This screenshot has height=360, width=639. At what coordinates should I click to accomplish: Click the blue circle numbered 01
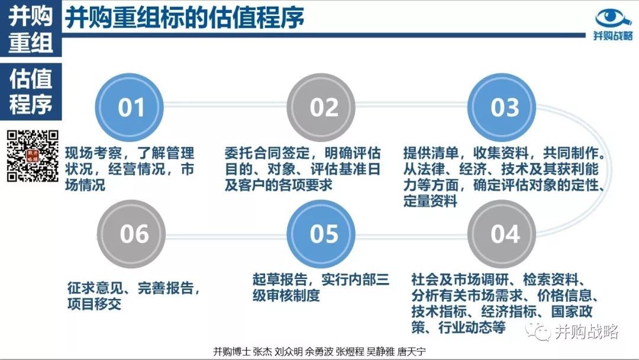(129, 107)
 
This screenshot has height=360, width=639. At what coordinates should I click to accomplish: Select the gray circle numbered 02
(321, 107)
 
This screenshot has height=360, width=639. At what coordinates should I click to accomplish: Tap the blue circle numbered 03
(502, 107)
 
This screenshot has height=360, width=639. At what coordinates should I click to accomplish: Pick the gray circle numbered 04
(502, 234)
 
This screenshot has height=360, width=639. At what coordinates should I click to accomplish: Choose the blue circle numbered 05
(321, 234)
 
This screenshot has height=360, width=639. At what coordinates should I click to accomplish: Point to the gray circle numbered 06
(131, 234)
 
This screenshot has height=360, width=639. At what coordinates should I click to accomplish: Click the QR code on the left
(33, 156)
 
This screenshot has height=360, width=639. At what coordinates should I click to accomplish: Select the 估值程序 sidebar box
(31, 91)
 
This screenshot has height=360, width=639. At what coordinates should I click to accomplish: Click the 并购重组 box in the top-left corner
(31, 28)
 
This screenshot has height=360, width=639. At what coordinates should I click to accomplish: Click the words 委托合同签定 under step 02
(267, 153)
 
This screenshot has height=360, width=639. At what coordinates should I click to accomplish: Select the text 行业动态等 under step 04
(472, 327)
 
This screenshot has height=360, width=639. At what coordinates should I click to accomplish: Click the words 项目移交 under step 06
(95, 304)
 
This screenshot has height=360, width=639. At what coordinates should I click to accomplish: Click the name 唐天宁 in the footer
(411, 352)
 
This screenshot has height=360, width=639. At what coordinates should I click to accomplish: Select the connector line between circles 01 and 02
(225, 105)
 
